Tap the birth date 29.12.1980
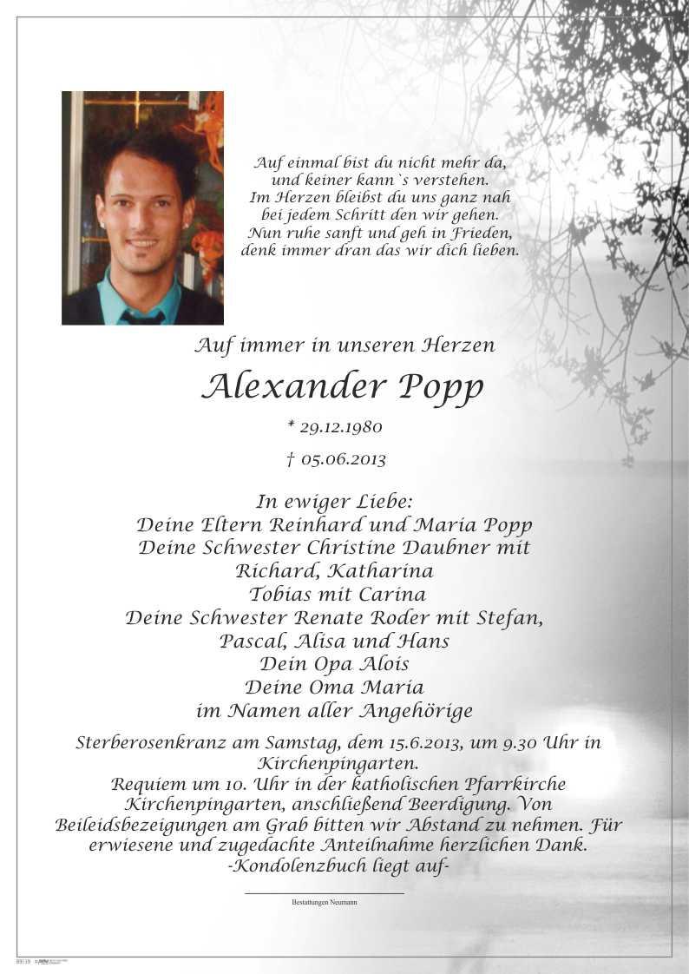340,427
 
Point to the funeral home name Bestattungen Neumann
325,903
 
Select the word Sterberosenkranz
152,743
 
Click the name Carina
394,595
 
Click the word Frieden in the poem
479,234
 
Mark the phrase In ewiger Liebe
334,502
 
